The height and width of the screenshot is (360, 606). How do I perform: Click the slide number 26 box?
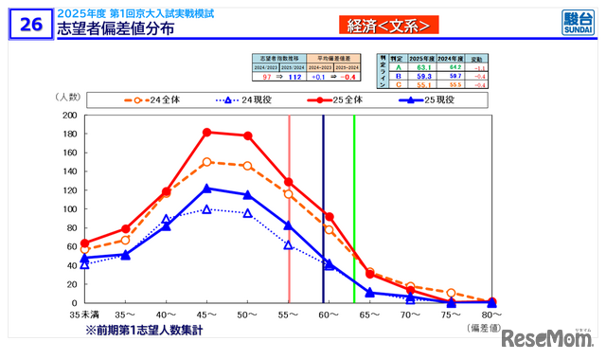click(30, 24)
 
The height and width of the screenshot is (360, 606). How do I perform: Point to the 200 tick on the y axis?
click(70, 115)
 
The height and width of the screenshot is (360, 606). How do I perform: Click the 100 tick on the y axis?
click(70, 208)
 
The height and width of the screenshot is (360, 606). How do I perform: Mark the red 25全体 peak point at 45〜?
click(207, 132)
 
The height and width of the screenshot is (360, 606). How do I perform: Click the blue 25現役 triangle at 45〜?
click(207, 188)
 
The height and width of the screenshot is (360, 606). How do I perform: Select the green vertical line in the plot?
click(354, 208)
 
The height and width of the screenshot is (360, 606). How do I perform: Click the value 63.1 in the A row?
click(425, 66)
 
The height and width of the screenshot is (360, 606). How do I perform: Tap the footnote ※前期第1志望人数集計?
click(144, 330)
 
